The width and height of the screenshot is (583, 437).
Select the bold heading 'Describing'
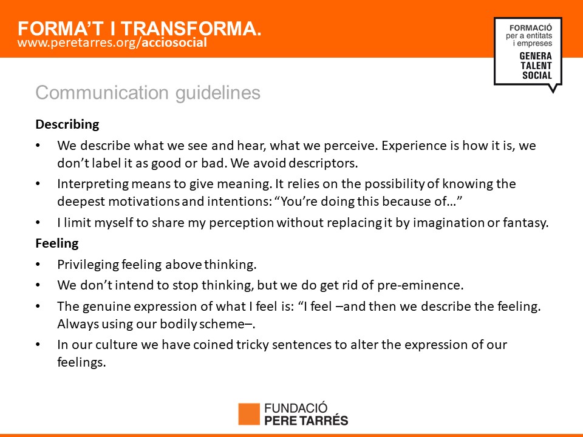pos(67,124)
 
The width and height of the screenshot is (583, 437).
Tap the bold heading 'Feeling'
pos(57,243)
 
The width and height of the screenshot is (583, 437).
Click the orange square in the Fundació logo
pos(249,414)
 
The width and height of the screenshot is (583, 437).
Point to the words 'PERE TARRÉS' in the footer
pos(306,421)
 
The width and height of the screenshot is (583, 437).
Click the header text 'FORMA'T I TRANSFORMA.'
pos(140,29)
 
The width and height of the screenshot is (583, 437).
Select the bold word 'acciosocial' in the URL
pos(174,42)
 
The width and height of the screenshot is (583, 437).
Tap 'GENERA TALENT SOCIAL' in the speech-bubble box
pos(536,66)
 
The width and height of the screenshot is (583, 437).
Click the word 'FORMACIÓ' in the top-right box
pos(531,28)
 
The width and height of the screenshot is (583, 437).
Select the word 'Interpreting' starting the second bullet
pos(92,185)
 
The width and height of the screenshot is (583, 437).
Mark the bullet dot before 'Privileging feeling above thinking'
pos(38,265)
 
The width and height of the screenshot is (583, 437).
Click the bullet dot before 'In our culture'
pos(38,345)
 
